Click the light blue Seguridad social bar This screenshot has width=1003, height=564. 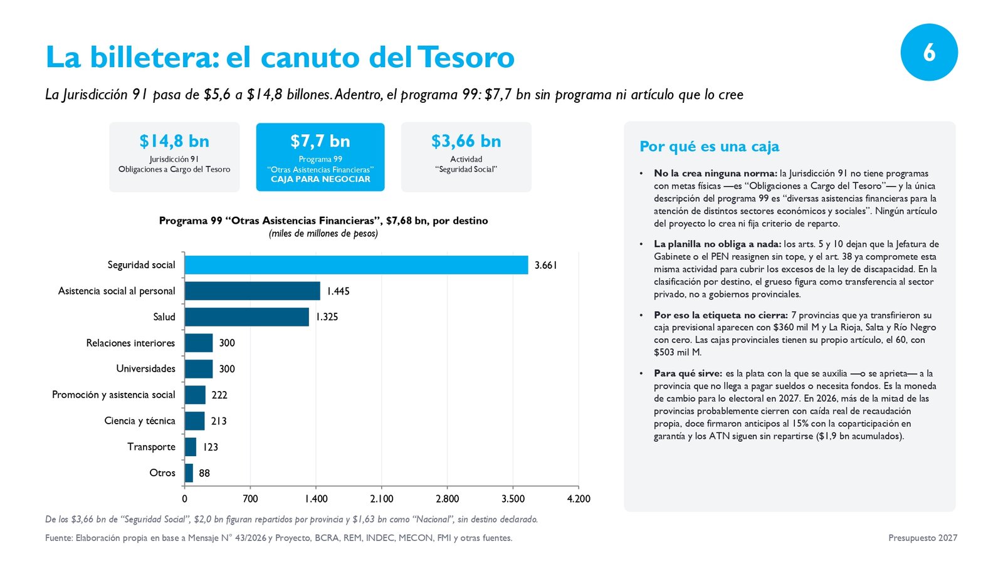357,265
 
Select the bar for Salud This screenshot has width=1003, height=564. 247,317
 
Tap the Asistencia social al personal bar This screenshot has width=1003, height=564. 253,291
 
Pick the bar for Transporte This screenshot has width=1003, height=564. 191,447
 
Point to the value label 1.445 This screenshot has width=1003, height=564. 338,291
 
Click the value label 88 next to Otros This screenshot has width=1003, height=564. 204,473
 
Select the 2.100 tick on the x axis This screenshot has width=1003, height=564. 382,499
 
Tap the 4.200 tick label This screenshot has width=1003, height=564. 579,499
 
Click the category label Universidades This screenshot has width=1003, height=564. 145,369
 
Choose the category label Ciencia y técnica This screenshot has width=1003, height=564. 140,420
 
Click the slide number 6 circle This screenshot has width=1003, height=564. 929,53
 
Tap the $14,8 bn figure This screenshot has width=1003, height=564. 174,141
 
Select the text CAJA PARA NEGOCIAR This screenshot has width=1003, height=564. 320,179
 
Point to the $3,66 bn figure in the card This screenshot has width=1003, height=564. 466,141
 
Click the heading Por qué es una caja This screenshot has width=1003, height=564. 709,147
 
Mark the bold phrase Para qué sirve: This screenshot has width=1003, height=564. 688,373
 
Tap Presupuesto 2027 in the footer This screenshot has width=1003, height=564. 923,538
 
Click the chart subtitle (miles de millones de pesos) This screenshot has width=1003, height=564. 323,234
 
